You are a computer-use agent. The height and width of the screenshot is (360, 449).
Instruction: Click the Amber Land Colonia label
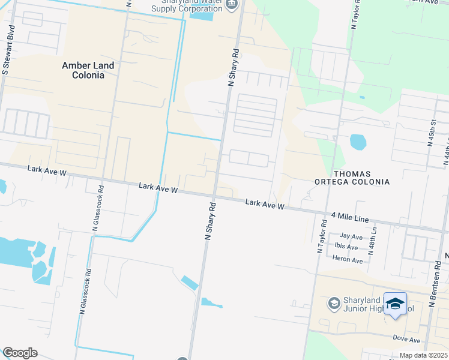pos(84,70)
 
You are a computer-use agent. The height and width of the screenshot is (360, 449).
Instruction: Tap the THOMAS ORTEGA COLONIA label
pos(352,178)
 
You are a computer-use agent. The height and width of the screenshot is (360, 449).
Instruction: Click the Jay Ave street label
pos(351,237)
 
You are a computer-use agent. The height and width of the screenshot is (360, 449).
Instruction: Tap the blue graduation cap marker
pos(395,304)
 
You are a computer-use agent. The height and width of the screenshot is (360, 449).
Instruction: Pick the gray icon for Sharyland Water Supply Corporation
pos(233,5)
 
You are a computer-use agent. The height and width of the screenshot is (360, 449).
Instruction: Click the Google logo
pos(20,353)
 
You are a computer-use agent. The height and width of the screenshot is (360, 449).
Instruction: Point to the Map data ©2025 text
pos(423,356)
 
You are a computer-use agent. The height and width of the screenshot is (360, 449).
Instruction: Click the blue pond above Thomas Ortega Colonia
pos(358,142)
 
